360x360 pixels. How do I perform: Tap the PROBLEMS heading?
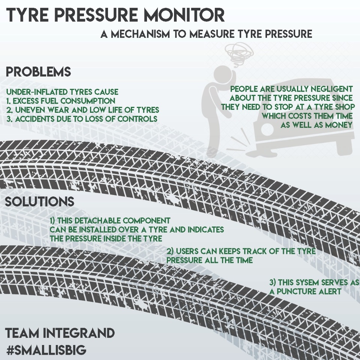pos(38,72)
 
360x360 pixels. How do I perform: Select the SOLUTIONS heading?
pos(39,202)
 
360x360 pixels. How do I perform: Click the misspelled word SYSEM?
pos(315,282)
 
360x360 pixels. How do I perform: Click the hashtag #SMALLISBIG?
pos(46,351)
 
